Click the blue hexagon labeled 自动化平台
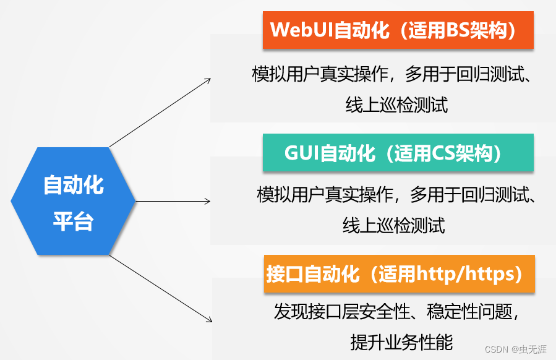(73, 201)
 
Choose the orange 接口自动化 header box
(399, 274)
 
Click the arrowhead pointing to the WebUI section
(208, 79)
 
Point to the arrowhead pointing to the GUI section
(208, 201)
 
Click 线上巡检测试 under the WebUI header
(396, 105)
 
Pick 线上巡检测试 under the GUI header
(394, 225)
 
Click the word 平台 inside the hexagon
(73, 221)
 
